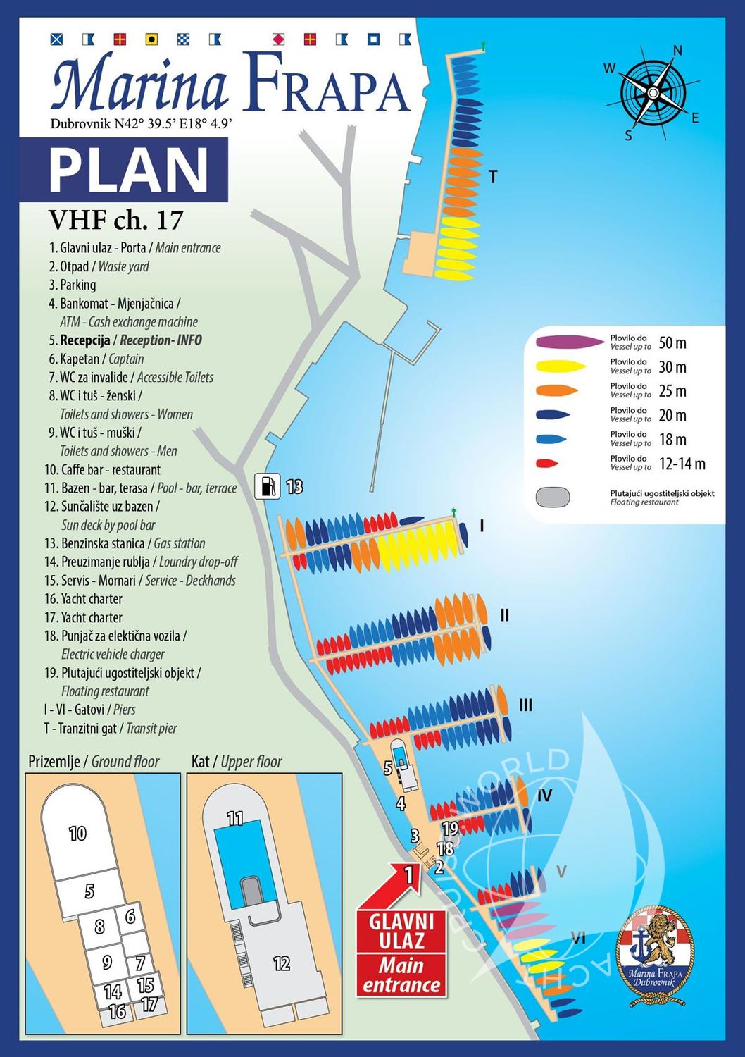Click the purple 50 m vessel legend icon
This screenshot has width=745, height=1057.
pos(570,342)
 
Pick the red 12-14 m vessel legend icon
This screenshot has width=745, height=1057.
pos(546,464)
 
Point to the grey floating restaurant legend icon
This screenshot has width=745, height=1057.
pos(553,497)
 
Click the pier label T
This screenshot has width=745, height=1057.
pos(493,176)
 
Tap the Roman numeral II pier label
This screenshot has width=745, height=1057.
pos(504,615)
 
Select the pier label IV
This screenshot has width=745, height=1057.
pos(544,796)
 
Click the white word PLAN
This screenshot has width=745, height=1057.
pos(129,171)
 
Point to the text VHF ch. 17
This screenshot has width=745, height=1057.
pos(115,221)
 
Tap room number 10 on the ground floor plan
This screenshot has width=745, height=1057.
pos(77,834)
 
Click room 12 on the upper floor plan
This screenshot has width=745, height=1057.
pos(282,963)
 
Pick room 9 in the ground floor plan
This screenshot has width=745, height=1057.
pos(107,962)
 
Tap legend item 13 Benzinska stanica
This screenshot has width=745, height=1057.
pos(125,543)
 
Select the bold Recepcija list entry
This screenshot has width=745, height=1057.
pos(125,340)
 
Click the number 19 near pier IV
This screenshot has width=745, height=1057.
pos(450,829)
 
